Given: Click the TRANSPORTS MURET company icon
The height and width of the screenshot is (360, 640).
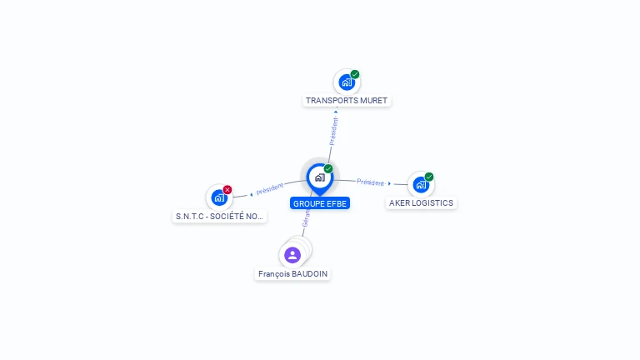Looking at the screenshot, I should coord(346,82).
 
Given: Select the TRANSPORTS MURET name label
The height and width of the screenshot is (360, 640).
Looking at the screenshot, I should coord(347,101).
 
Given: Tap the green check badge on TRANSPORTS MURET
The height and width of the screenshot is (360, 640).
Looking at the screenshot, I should coord(355,74).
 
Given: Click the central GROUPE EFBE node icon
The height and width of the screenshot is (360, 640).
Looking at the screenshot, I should coord(319,177).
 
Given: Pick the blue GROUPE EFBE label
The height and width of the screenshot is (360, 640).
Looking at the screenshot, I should coord(320,202).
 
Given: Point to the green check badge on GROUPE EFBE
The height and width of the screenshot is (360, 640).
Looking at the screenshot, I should coord(328,169).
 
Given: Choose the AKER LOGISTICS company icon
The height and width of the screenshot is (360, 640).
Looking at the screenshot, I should coord(420,184).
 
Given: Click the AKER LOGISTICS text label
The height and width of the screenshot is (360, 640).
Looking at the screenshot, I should coord(421,202).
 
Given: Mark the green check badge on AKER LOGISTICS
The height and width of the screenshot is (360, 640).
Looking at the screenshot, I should coord(429,177).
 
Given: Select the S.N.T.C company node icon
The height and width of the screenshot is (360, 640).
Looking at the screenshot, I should coord(218,197).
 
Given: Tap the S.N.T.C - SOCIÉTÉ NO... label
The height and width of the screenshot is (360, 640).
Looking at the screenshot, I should coord(219,217).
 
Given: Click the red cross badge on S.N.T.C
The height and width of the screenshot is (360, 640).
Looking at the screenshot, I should coord(227,190).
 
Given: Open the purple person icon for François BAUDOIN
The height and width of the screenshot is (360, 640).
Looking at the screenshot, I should coord(292,255).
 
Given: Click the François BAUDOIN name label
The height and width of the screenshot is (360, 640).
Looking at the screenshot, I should coord(292,274).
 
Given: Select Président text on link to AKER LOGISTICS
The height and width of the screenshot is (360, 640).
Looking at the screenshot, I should coord(370,182).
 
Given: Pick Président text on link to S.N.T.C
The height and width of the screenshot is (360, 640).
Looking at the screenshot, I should coord(270,189).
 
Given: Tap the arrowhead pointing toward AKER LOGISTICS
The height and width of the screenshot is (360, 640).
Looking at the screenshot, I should coord(389,183).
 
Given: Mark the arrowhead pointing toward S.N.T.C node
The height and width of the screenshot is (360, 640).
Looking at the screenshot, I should coord(251,194).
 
